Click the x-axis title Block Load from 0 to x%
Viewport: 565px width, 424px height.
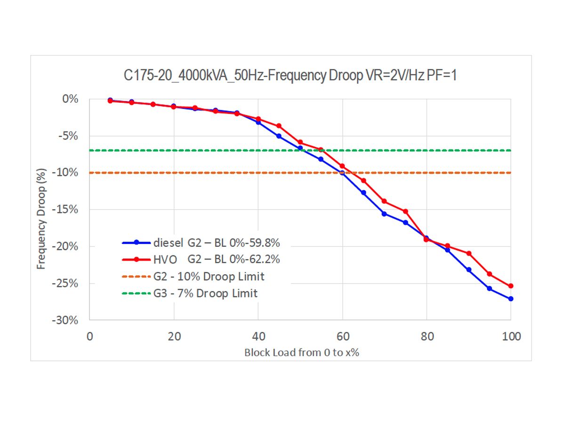pos(301,352)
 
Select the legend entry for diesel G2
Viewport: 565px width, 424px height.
pos(217,243)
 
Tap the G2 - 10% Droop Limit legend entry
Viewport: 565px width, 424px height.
pos(209,276)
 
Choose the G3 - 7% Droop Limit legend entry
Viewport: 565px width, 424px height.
pos(205,293)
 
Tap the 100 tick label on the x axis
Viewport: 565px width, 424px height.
pos(511,336)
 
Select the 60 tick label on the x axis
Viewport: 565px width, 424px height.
pos(342,336)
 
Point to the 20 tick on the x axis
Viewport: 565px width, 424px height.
pos(174,336)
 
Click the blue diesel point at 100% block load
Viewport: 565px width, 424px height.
pos(511,299)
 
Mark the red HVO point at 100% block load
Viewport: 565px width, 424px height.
pos(511,286)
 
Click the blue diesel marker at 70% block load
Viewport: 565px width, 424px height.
pos(384,214)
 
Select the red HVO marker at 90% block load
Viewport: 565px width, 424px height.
pos(468,253)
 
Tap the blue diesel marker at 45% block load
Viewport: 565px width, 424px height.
pos(279,136)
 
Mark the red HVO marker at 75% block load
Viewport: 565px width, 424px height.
pos(405,212)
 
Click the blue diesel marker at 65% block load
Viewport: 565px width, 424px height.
pos(363,193)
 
